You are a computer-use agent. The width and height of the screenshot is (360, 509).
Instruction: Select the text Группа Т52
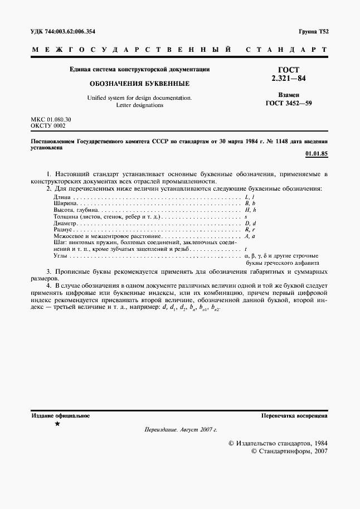tap(313, 32)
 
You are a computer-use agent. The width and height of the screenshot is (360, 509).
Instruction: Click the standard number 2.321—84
tap(288, 79)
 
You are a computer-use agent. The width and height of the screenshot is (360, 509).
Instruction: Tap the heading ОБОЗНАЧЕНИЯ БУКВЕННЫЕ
tap(139, 83)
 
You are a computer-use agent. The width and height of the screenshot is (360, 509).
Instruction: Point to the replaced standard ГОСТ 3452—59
tap(288, 103)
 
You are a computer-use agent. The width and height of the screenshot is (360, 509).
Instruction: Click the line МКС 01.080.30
tap(50, 120)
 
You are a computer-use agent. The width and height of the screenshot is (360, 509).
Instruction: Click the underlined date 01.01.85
tap(317, 153)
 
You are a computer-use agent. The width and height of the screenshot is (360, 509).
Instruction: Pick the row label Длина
tap(62, 197)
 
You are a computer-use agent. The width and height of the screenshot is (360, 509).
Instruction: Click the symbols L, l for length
tap(250, 197)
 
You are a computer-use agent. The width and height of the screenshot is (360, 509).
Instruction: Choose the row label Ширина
tap(65, 203)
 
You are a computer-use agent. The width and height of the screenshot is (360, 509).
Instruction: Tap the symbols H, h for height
tap(250, 210)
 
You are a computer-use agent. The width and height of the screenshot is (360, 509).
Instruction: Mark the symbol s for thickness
tap(246, 217)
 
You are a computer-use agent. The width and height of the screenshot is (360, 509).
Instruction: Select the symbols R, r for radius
tap(250, 230)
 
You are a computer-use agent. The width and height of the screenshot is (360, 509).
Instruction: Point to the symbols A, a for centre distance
tap(250, 236)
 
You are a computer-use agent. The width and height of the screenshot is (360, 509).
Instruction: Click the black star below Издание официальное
tap(57, 424)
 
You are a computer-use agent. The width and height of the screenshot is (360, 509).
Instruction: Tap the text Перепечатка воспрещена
tap(294, 416)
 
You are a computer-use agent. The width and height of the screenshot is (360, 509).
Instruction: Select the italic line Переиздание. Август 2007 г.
tap(180, 430)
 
